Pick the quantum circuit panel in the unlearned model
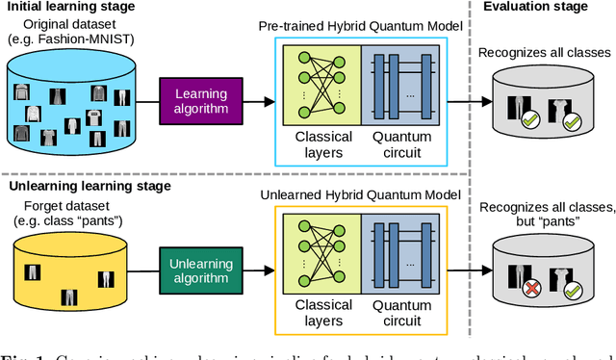tap(400, 257)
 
